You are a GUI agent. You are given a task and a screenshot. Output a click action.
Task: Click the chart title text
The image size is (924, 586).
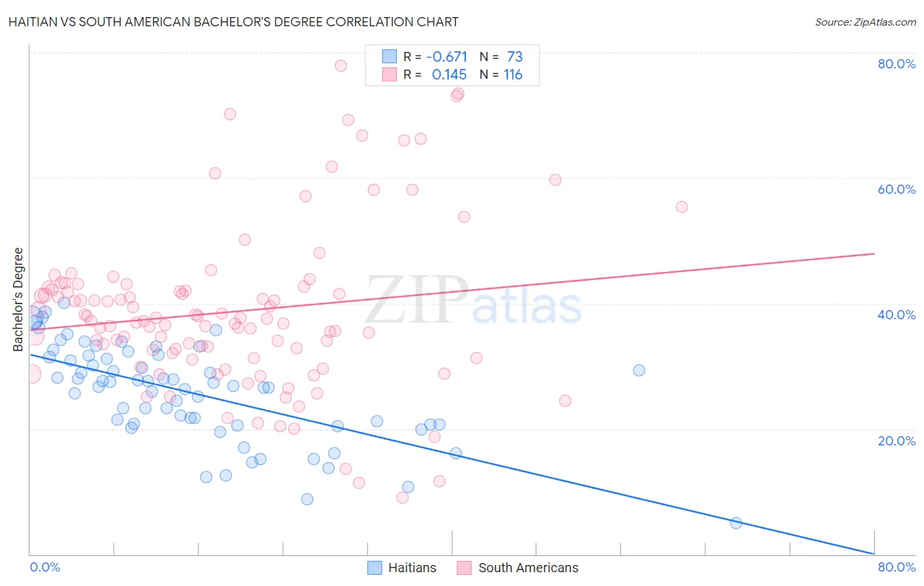tap(233, 22)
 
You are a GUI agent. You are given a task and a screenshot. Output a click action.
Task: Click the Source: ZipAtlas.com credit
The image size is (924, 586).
tap(865, 22)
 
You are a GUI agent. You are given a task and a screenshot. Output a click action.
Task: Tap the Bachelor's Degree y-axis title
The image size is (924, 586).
tap(18, 300)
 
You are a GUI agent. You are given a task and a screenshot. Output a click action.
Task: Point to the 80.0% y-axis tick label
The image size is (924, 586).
tap(896, 64)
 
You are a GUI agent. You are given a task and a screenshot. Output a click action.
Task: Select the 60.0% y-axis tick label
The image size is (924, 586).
tap(896, 189)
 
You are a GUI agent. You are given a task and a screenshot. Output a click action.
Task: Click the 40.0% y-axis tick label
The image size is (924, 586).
tap(896, 315)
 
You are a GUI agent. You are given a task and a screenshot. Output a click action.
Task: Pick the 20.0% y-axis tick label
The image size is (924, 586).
tap(896, 440)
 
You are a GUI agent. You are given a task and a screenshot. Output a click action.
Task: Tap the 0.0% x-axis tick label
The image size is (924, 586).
tap(45, 567)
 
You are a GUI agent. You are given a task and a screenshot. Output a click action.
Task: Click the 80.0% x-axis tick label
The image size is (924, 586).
tap(896, 567)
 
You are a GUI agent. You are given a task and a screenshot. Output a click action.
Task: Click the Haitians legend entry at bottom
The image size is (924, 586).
tap(402, 568)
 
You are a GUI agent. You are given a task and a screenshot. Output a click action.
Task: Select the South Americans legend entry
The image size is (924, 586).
tap(518, 568)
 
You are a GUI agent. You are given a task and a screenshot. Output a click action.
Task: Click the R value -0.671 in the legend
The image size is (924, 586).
tap(447, 57)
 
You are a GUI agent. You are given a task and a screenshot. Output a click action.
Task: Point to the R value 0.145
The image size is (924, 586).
tap(449, 75)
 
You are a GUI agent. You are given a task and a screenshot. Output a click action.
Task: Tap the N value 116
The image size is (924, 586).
tap(513, 75)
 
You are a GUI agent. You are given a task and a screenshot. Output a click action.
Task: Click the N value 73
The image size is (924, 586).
tap(515, 57)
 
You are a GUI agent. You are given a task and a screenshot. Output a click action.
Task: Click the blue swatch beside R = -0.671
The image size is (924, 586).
tap(390, 56)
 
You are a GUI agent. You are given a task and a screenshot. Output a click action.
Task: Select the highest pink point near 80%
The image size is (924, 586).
tap(340, 66)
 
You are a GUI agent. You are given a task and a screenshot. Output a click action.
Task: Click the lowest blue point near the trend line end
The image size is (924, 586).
tap(736, 523)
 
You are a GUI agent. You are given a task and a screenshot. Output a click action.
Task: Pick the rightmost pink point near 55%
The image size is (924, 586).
tap(681, 207)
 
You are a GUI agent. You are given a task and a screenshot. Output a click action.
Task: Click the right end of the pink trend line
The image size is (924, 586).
tap(874, 254)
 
